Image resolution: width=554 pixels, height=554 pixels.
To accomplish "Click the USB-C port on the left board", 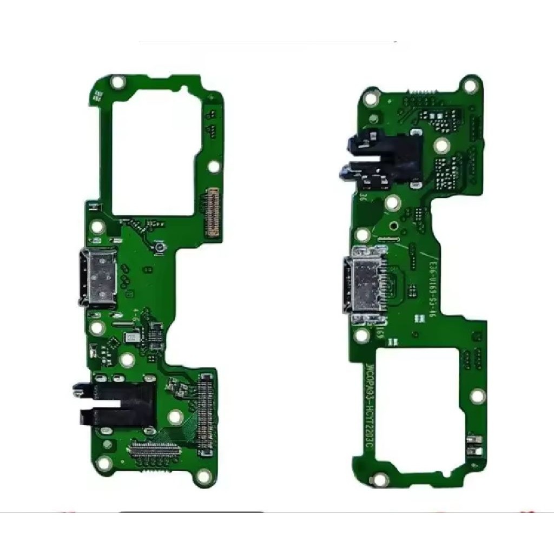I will (98, 277).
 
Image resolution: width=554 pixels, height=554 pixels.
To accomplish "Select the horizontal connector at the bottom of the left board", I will (156, 449).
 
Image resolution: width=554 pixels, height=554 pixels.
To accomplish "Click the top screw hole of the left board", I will (117, 83).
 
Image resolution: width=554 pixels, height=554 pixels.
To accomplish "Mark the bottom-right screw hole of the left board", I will (203, 477).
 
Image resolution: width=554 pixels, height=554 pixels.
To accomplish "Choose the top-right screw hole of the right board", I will (471, 85).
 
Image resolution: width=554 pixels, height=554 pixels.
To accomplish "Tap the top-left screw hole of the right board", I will (371, 99).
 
